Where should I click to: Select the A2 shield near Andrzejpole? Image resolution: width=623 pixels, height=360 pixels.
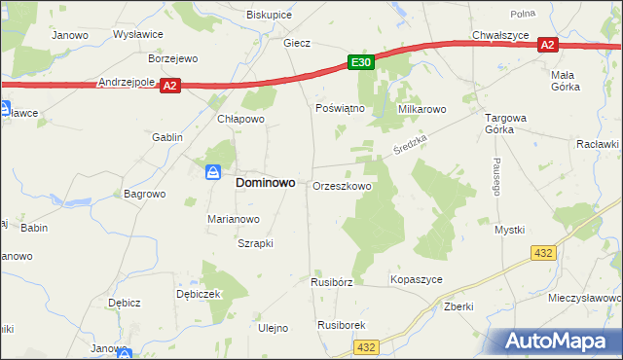click(170, 86)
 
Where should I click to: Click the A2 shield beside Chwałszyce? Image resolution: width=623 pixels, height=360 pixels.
click(547, 45)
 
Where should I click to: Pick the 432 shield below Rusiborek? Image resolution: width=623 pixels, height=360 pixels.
click(366, 346)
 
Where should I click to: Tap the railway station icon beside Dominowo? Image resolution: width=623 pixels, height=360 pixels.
click(214, 173)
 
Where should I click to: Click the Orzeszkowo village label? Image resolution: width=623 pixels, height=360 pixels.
click(341, 186)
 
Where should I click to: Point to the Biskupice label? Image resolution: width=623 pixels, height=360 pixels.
click(270, 15)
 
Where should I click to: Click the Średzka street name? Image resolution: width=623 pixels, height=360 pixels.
click(410, 149)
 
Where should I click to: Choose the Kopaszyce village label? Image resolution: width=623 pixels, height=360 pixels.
click(417, 279)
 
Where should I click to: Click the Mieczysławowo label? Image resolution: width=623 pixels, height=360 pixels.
click(585, 297)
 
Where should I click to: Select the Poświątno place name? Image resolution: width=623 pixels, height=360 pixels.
click(340, 108)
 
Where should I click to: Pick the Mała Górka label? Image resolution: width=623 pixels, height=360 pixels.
click(565, 81)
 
